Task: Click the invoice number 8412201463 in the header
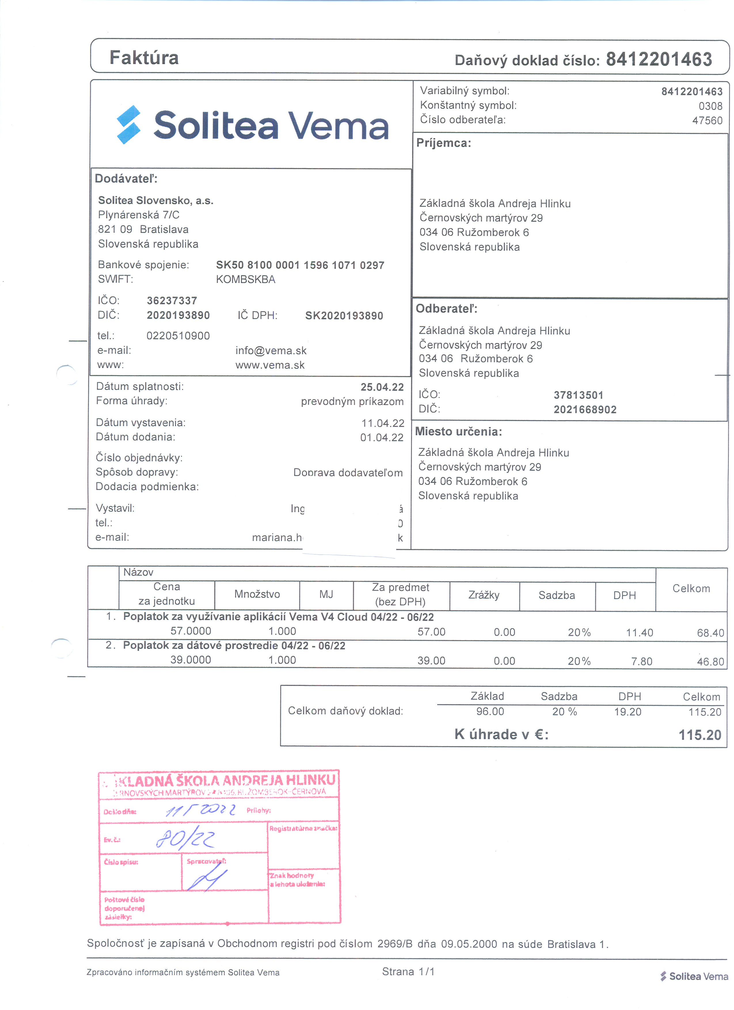tap(659, 59)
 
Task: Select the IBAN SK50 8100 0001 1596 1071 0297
tap(300, 265)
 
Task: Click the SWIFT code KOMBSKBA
tap(246, 280)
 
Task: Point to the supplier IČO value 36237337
tap(172, 301)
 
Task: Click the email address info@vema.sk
tap(271, 351)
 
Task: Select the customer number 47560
tap(707, 121)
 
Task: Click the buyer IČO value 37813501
tap(578, 395)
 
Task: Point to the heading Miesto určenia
tap(458, 432)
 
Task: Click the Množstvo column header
tap(257, 594)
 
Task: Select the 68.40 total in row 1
tap(710, 633)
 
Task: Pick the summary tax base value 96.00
tap(490, 712)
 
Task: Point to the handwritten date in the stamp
tap(200, 810)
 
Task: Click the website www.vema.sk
tap(270, 365)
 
